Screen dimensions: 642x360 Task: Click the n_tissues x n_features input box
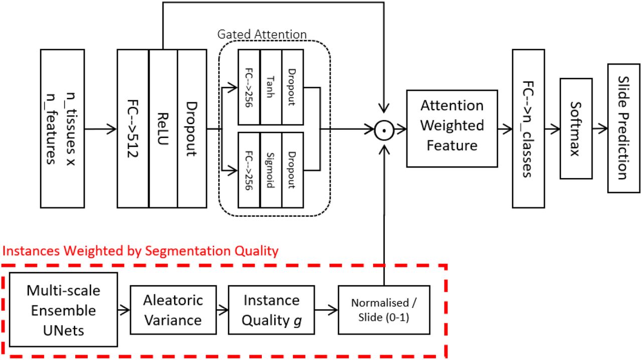pos(63,128)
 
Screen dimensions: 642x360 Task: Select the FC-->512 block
pos(133,128)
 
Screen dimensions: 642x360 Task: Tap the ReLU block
pos(163,128)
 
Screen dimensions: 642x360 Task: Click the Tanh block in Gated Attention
pos(271,87)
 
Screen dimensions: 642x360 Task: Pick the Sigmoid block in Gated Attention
pos(271,170)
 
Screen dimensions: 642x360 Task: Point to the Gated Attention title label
pos(262,35)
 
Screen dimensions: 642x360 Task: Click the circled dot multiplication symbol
pos(384,130)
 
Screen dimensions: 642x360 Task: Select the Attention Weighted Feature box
pos(452,128)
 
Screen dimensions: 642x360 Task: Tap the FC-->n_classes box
pos(528,128)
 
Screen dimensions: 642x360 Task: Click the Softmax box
pos(576,128)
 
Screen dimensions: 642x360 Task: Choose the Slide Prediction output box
pos(623,128)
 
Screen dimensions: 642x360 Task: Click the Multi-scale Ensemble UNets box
pos(63,309)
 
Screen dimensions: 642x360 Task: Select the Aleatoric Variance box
pos(173,310)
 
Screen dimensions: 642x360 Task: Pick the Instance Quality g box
pos(271,310)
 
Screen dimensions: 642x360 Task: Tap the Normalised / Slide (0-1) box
pos(384,310)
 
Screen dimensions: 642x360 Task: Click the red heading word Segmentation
pos(188,251)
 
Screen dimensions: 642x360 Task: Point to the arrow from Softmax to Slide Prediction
pos(600,129)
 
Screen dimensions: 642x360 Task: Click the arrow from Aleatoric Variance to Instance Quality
pos(222,310)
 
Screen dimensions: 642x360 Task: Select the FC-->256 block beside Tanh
pos(249,87)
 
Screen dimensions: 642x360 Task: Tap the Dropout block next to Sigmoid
pos(292,170)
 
